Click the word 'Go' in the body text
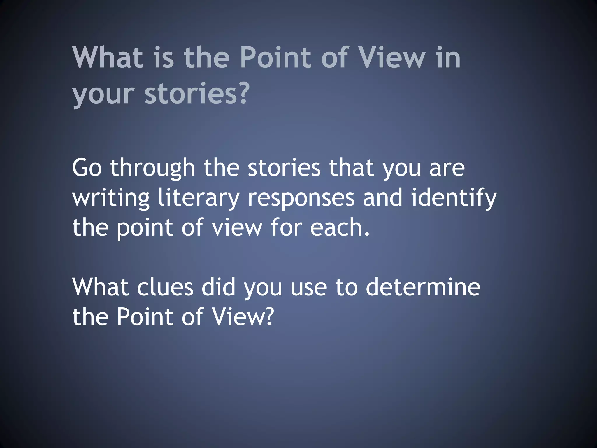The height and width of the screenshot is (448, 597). pos(87,168)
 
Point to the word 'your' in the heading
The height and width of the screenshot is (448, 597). pos(103,95)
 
